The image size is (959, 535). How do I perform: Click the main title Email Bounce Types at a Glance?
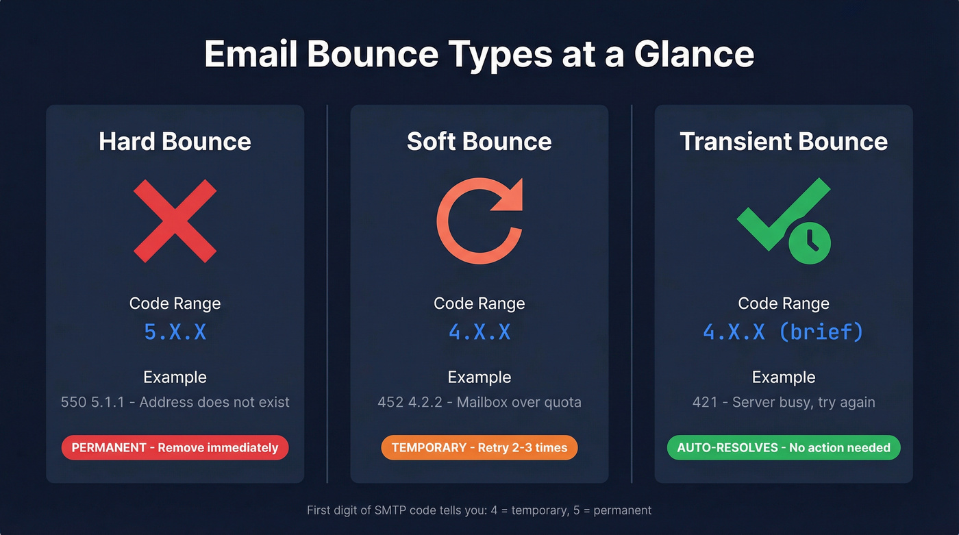(479, 55)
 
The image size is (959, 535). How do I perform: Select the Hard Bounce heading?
(175, 142)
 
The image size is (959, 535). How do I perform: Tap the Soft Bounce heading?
(479, 142)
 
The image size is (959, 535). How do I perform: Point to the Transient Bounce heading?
(784, 142)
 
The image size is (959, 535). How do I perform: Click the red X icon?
(175, 221)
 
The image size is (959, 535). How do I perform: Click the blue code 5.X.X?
(175, 332)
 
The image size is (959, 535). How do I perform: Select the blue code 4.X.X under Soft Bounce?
(479, 332)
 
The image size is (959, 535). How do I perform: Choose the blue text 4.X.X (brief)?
(784, 332)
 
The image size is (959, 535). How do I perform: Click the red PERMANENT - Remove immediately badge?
(175, 448)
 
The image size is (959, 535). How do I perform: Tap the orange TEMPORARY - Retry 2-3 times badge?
(479, 448)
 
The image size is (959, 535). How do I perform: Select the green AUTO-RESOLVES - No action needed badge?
(784, 448)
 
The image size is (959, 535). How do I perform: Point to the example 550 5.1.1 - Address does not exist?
(175, 402)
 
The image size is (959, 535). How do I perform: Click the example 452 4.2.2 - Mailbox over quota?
(479, 402)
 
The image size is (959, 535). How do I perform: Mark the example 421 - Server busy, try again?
(784, 402)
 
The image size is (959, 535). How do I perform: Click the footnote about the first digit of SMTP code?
(479, 510)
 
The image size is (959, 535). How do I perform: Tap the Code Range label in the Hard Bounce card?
(175, 303)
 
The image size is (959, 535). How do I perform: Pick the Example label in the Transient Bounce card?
(784, 377)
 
